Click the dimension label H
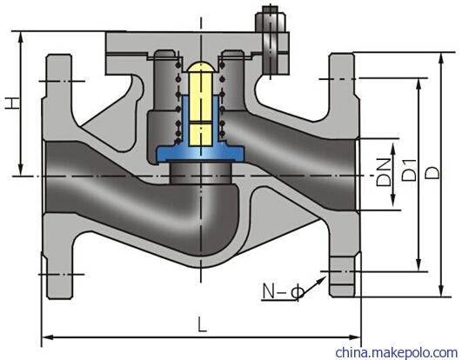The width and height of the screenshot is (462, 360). click(13, 103)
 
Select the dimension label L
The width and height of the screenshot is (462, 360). click(202, 324)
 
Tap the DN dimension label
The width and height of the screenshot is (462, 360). click(384, 172)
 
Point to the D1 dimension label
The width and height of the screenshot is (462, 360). click(409, 170)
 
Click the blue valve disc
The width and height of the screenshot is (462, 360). click(200, 138)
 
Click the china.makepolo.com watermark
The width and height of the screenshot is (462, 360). click(396, 352)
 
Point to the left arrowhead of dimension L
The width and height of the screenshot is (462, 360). click(48, 337)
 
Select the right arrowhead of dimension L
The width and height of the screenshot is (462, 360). click(355, 337)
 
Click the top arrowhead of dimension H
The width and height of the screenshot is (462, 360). click(21, 37)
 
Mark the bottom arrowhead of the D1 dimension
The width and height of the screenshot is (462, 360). click(418, 264)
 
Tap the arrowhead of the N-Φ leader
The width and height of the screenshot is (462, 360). click(322, 280)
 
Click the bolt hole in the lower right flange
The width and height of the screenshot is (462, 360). click(342, 271)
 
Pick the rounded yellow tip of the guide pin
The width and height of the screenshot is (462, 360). click(201, 67)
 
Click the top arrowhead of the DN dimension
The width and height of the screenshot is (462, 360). click(393, 150)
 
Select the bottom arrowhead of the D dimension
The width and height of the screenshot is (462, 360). click(441, 290)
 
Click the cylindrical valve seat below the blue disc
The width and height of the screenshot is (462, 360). click(200, 172)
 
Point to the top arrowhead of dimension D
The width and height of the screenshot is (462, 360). click(441, 59)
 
